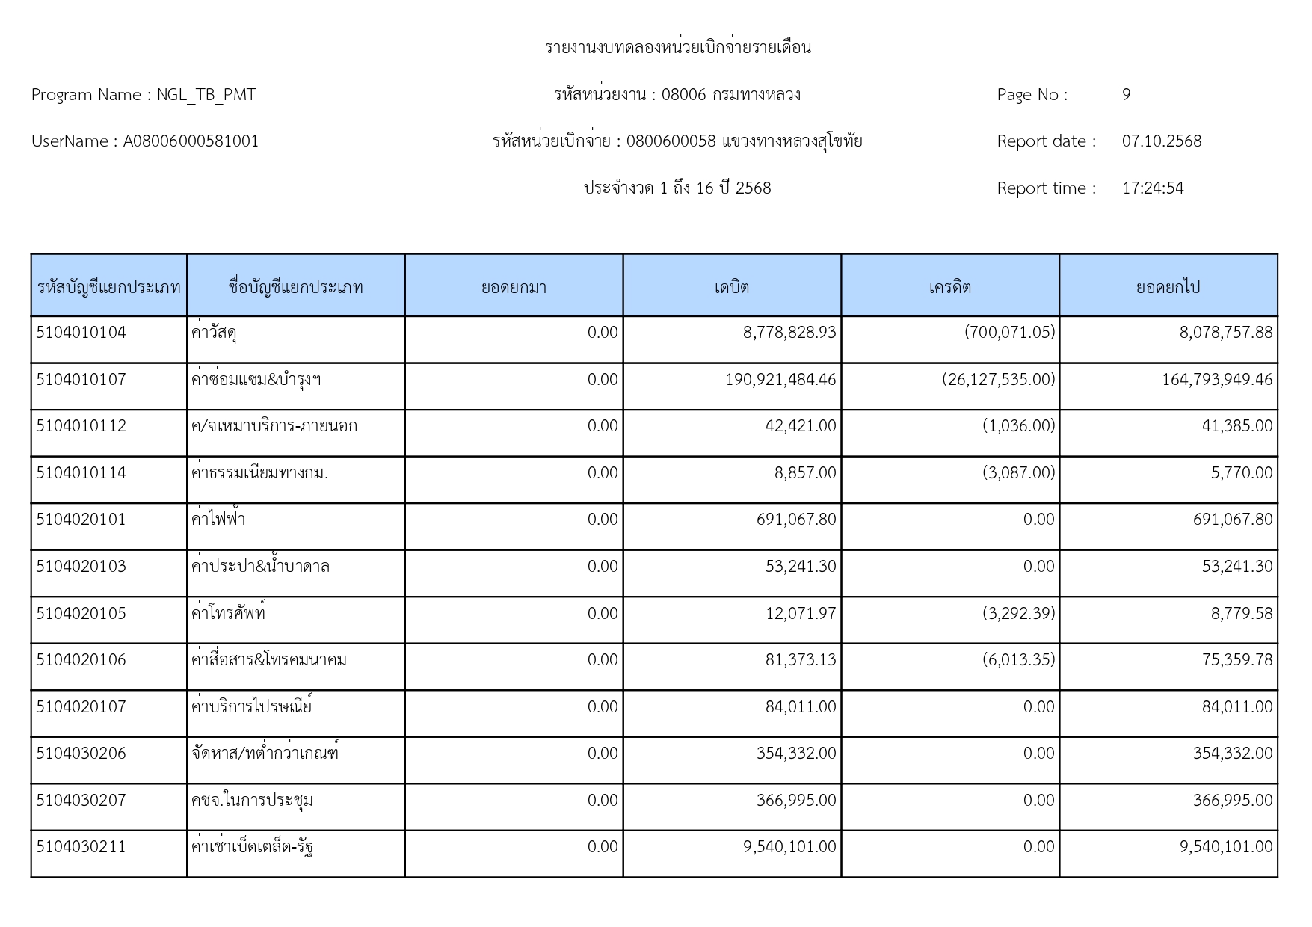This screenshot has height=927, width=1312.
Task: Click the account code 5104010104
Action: pyautogui.click(x=81, y=333)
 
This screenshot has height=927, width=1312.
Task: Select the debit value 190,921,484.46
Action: pyautogui.click(x=780, y=380)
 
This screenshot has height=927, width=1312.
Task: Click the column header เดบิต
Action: pyautogui.click(x=731, y=287)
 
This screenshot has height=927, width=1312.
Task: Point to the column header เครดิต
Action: pyautogui.click(x=949, y=287)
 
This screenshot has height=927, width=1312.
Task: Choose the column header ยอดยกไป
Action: pyautogui.click(x=1168, y=287)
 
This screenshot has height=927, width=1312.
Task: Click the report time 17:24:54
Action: pyautogui.click(x=1153, y=188)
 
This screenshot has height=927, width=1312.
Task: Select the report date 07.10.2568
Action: pyautogui.click(x=1161, y=141)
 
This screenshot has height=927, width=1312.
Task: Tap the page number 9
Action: pyautogui.click(x=1126, y=95)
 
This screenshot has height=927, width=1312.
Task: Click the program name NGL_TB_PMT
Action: pyautogui.click(x=206, y=95)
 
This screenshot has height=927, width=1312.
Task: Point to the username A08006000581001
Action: pyautogui.click(x=191, y=141)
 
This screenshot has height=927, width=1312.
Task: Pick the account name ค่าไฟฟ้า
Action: pyautogui.click(x=218, y=520)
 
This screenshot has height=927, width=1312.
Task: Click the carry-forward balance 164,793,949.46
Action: pyautogui.click(x=1216, y=380)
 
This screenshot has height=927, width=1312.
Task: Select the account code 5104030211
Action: pyautogui.click(x=81, y=847)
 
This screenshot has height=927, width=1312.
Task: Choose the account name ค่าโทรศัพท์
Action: pyautogui.click(x=228, y=613)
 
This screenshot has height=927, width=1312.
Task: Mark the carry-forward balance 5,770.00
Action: pyautogui.click(x=1241, y=473)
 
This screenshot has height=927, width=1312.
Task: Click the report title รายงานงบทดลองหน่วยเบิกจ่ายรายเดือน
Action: pyautogui.click(x=677, y=48)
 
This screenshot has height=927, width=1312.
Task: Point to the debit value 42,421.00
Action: pyautogui.click(x=800, y=426)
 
